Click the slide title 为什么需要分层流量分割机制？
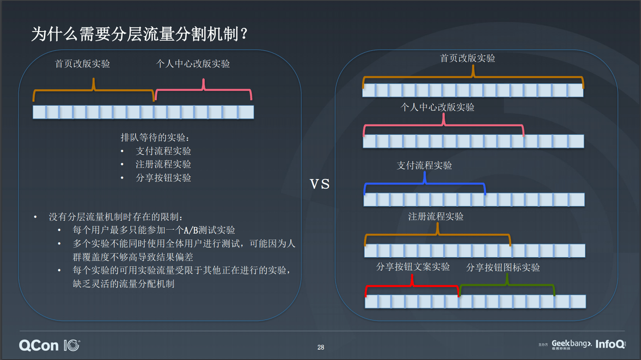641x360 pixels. pyautogui.click(x=139, y=34)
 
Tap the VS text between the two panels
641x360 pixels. pyautogui.click(x=319, y=184)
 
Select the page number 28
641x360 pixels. pyautogui.click(x=321, y=347)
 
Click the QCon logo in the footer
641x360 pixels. pyautogui.click(x=50, y=345)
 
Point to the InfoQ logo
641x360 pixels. pyautogui.click(x=610, y=344)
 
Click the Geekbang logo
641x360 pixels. pyautogui.click(x=571, y=344)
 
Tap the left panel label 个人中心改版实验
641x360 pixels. pyautogui.click(x=193, y=64)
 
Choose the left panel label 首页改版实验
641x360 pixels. pyautogui.click(x=83, y=64)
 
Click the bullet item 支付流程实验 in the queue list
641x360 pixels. pyautogui.click(x=163, y=151)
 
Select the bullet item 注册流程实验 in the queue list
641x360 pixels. pyautogui.click(x=163, y=164)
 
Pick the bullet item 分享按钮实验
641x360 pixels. pyautogui.click(x=163, y=178)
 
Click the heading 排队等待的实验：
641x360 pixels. pyautogui.click(x=155, y=137)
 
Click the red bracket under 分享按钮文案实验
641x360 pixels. pyautogui.click(x=412, y=285)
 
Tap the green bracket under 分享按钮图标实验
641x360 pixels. pyautogui.click(x=507, y=285)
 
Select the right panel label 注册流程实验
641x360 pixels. pyautogui.click(x=436, y=216)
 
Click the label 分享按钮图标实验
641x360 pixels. pyautogui.click(x=503, y=267)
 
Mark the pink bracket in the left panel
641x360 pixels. pyautogui.click(x=203, y=90)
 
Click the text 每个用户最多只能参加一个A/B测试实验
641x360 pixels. pyautogui.click(x=154, y=230)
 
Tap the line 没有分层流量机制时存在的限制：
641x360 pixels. pyautogui.click(x=116, y=217)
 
